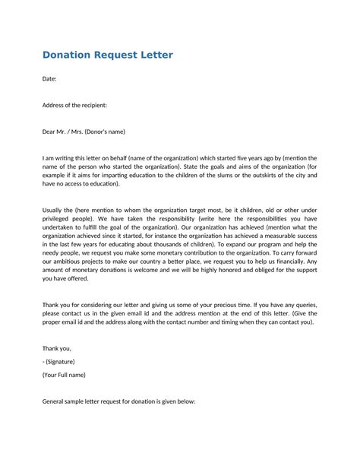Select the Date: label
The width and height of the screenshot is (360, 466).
pos(49,79)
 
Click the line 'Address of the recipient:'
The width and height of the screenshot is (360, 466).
pos(74,105)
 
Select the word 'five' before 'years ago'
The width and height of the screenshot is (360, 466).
pos(251,158)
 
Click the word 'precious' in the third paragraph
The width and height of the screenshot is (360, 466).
pos(223,304)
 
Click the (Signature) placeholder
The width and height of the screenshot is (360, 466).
pos(60,362)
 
